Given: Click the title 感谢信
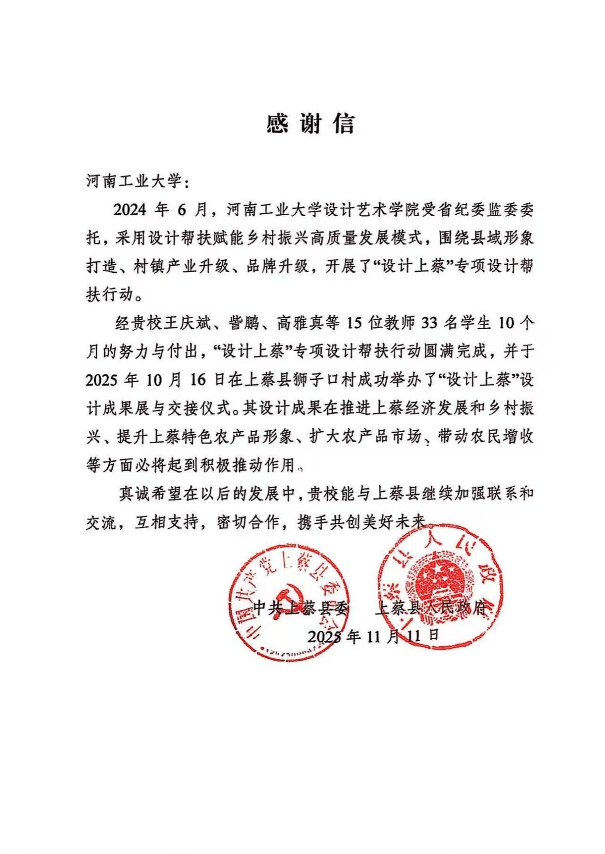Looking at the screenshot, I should point(311,124).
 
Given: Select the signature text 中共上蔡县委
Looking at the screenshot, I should point(301,608).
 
